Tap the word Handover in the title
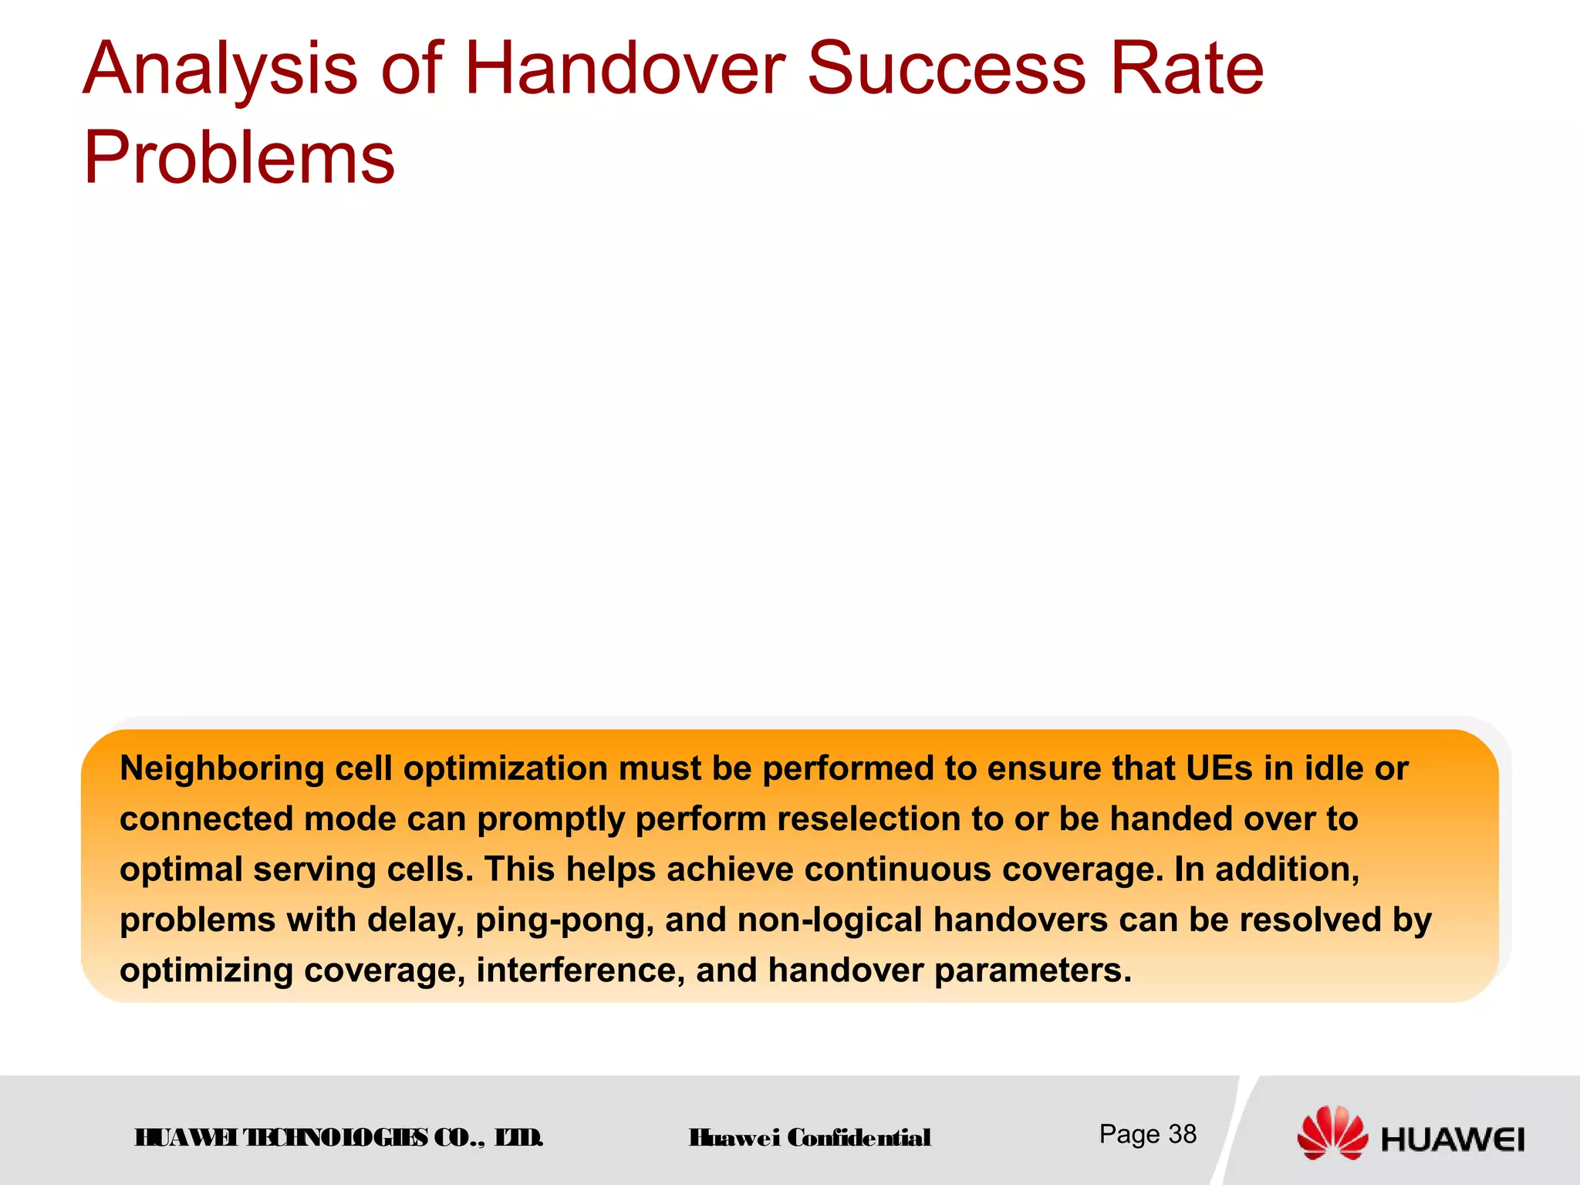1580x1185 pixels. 625,69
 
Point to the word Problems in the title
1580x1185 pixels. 238,159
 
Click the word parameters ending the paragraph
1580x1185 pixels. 1033,971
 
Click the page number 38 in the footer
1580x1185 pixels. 1182,1134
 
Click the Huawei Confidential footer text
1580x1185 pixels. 810,1138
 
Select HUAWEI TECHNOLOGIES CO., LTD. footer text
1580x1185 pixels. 339,1138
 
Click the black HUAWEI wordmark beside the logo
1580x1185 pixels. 1453,1139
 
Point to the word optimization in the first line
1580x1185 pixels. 505,769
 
